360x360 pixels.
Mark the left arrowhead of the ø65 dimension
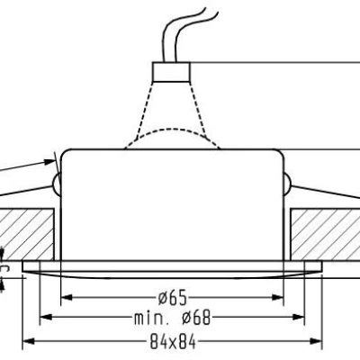pyautogui.click(x=66, y=296)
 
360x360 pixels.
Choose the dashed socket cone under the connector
pyautogui.click(x=171, y=103)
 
